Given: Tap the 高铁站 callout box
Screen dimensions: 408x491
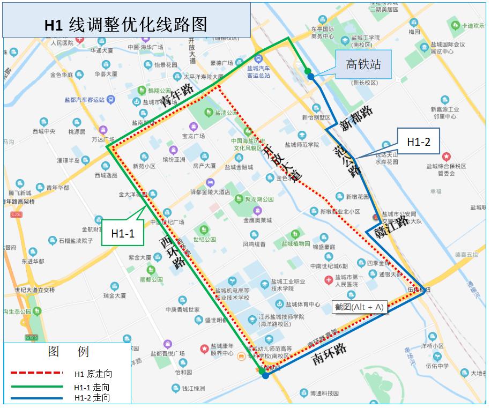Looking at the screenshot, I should pos(363,64).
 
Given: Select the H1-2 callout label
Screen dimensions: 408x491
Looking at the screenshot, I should pos(418,142).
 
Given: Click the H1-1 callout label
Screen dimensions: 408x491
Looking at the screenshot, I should pos(123,233).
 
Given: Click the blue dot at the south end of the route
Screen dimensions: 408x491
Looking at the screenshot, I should pos(265,376).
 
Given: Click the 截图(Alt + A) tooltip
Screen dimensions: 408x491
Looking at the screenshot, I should pos(359,307).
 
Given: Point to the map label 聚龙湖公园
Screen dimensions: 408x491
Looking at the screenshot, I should pos(259,199).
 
